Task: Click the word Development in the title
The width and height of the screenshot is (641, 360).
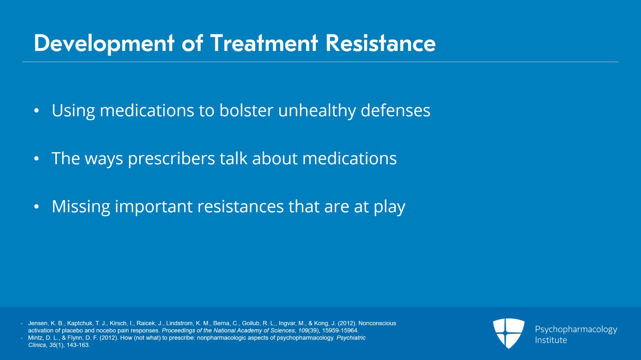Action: [104, 43]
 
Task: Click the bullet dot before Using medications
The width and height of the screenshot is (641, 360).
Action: [36, 111]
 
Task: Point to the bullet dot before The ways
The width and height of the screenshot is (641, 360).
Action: [36, 159]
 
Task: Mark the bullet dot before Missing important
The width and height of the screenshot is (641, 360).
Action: [36, 207]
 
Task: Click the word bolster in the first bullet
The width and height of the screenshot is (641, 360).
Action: [246, 110]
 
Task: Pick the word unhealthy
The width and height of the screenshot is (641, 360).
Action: [317, 111]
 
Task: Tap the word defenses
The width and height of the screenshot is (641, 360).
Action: [395, 110]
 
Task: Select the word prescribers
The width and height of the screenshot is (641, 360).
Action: [171, 159]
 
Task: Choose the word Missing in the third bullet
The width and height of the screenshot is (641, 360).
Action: [81, 207]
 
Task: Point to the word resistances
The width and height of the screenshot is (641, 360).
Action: [240, 206]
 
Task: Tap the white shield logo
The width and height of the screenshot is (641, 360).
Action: [508, 333]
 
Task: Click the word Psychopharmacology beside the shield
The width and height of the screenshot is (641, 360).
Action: [576, 330]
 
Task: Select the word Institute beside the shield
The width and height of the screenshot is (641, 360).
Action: [551, 340]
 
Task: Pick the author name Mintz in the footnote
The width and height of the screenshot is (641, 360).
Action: [36, 338]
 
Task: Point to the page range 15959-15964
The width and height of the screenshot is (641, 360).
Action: [340, 331]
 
